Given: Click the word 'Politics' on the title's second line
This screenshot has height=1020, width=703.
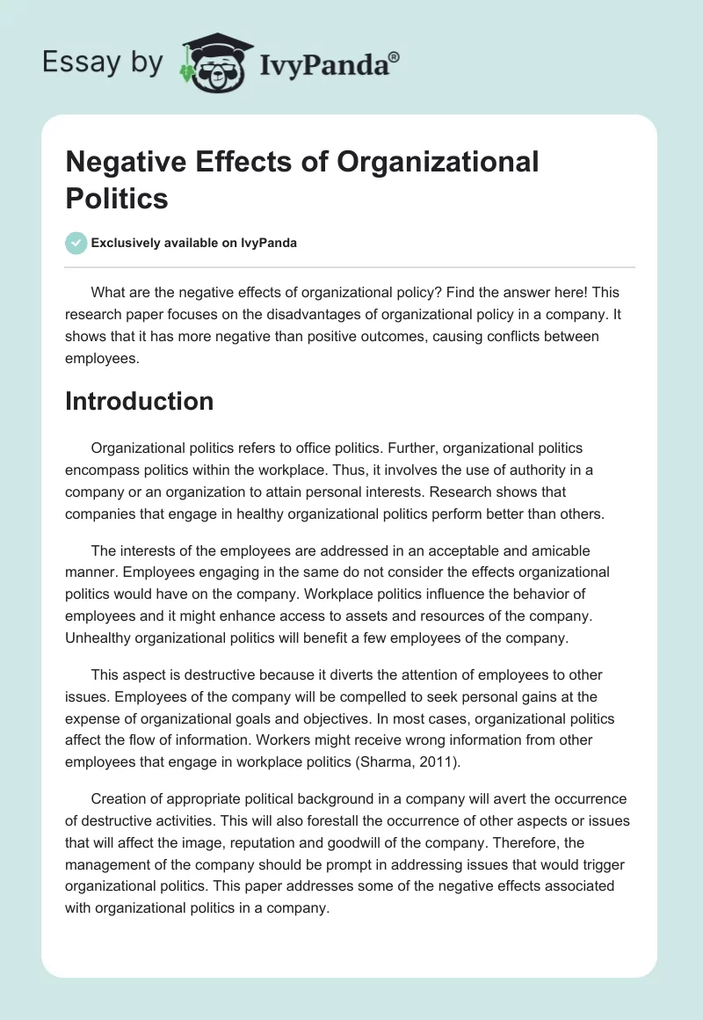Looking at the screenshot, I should pyautogui.click(x=117, y=198).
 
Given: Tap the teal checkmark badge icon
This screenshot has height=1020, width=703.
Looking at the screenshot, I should pyautogui.click(x=76, y=243).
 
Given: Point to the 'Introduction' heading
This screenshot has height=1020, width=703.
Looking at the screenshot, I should pyautogui.click(x=140, y=401).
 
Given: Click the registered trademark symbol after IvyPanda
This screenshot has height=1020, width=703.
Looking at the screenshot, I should pyautogui.click(x=394, y=55).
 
